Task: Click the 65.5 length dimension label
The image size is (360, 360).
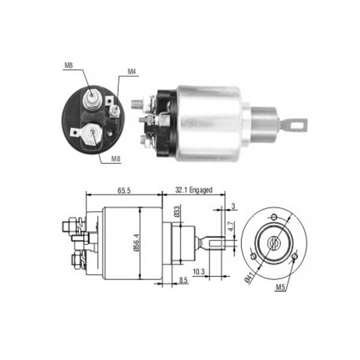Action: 124,190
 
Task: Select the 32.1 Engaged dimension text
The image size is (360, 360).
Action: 194,190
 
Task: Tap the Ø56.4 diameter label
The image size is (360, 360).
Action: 136,242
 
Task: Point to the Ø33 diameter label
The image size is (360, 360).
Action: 177,211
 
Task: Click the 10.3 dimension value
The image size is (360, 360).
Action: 199,272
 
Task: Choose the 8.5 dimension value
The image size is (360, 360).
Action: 183,280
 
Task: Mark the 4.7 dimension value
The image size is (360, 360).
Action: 231,226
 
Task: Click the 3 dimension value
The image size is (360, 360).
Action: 233,206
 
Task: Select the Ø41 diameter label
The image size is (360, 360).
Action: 250,277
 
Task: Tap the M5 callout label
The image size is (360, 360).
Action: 280,287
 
